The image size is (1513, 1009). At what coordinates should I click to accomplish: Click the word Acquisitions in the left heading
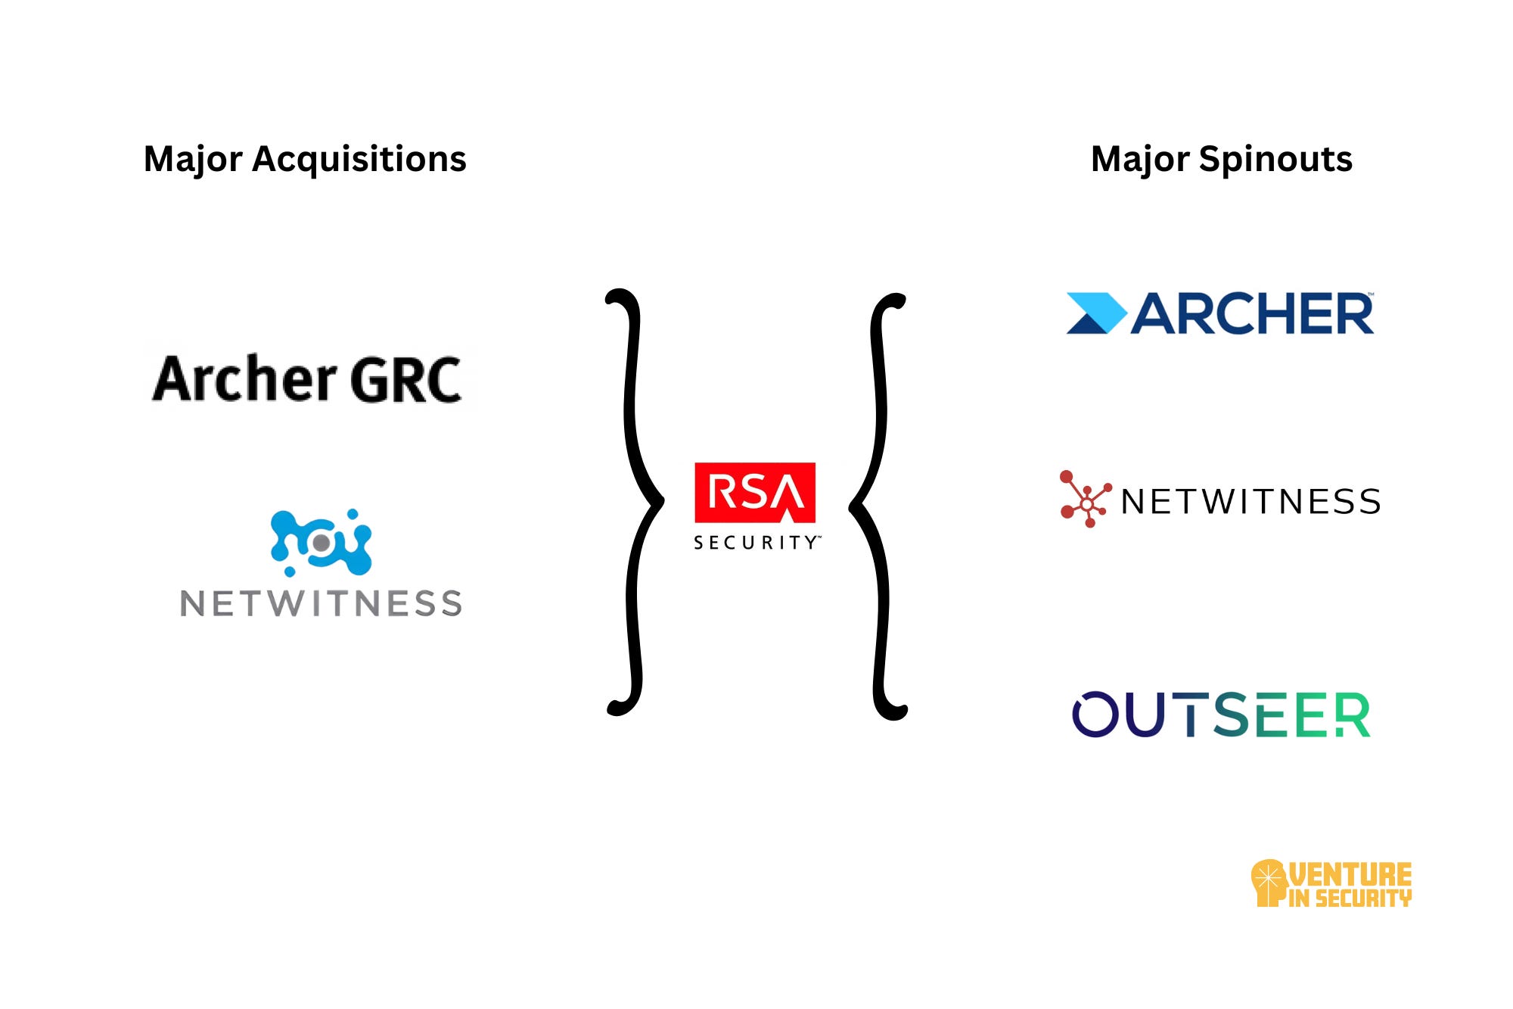click(x=359, y=160)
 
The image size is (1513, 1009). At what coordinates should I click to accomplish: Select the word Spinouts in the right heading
click(x=1275, y=160)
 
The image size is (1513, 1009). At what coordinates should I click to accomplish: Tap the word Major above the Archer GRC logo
click(x=193, y=159)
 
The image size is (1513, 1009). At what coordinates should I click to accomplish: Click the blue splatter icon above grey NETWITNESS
click(x=322, y=542)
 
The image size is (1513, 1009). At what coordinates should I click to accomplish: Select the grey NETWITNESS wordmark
click(x=321, y=604)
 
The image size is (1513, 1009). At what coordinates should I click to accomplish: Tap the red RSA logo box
click(x=755, y=492)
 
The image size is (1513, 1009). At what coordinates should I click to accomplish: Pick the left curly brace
click(x=632, y=501)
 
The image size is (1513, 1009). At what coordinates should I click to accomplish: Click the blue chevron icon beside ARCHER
click(x=1095, y=313)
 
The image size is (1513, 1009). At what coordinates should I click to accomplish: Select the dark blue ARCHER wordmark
click(x=1252, y=313)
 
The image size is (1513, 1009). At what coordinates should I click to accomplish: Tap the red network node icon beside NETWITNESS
click(x=1085, y=499)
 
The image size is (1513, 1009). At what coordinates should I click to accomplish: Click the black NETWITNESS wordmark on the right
click(x=1250, y=502)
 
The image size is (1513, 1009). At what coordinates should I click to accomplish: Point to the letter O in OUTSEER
click(x=1095, y=715)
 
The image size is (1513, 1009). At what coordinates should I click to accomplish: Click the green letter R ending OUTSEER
click(x=1352, y=715)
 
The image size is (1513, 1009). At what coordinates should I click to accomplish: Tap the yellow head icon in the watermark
click(x=1269, y=882)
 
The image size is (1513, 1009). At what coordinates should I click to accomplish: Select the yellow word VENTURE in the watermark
click(x=1350, y=874)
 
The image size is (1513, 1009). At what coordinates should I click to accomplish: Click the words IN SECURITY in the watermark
click(x=1350, y=898)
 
